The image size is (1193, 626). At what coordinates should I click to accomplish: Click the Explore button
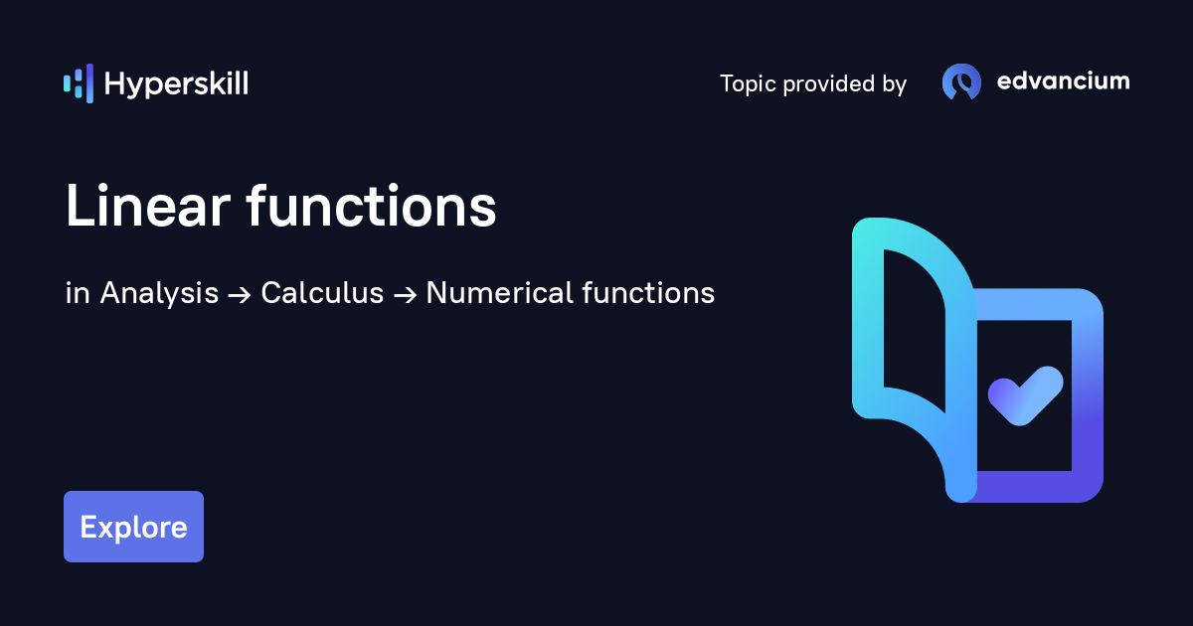click(133, 527)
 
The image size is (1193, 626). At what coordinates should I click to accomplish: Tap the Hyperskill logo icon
click(78, 83)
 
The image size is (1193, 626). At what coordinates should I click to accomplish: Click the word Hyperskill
click(176, 84)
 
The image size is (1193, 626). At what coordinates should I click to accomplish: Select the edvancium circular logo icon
click(961, 82)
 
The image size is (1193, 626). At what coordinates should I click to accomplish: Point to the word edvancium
click(1063, 81)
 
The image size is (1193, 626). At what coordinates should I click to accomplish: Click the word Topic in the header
click(748, 84)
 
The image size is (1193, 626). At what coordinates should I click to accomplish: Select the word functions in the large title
click(371, 208)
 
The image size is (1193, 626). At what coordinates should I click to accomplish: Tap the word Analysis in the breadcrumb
click(159, 293)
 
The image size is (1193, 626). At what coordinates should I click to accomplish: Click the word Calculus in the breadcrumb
click(322, 293)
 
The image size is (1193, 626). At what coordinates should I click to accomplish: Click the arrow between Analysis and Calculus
click(240, 294)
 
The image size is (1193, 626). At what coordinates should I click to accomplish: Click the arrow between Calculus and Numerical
click(405, 294)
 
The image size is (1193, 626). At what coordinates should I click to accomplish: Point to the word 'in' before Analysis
click(78, 293)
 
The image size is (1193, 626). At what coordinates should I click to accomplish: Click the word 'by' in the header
click(894, 84)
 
